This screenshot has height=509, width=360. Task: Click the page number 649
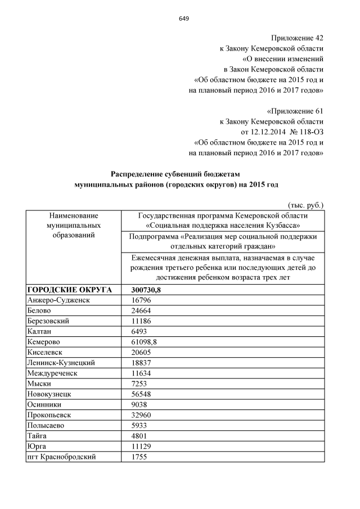(184, 19)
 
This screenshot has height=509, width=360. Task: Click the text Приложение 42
(297, 38)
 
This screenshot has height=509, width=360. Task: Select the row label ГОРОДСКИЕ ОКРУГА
(69, 290)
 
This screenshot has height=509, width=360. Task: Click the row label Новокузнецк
(51, 394)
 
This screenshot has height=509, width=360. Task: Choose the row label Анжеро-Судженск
(58, 300)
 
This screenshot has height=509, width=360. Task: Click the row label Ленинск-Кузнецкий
(61, 363)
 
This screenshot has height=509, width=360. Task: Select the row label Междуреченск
(55, 373)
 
